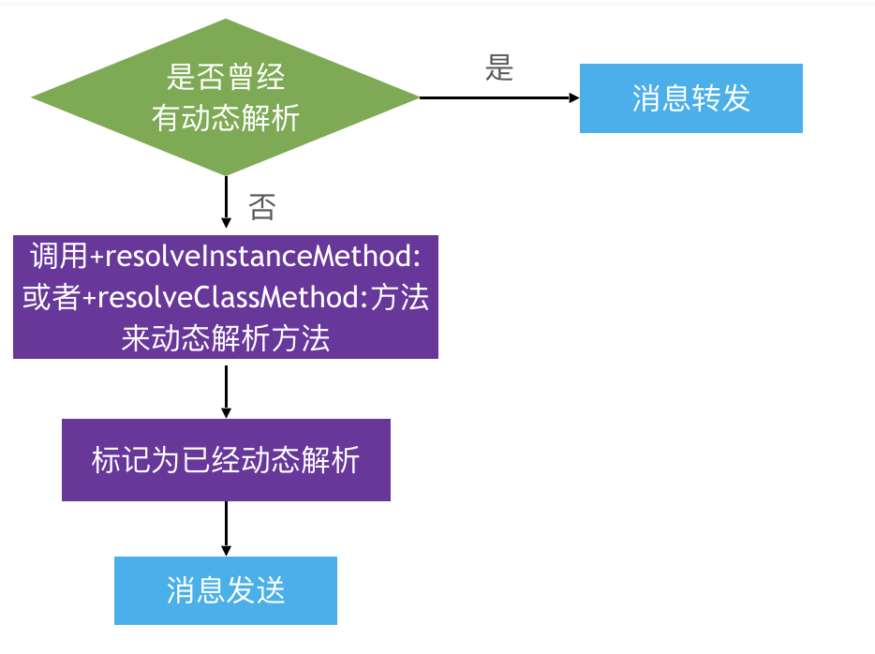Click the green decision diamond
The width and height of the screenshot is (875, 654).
point(226,97)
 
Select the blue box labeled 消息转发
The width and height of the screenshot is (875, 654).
point(690,98)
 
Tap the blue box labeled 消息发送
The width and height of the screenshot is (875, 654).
point(226,590)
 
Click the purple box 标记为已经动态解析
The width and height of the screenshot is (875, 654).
point(226,460)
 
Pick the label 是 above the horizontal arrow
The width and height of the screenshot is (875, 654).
point(499,68)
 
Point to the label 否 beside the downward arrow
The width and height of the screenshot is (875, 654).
point(261,207)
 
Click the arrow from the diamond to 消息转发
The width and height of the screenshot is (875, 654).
point(499,97)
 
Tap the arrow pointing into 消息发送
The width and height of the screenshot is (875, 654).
point(226,528)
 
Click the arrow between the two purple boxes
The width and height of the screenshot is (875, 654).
point(226,392)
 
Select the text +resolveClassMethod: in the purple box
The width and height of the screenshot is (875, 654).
point(225,297)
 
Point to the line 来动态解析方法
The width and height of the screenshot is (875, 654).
point(226,338)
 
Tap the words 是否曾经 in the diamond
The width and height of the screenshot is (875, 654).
point(226,77)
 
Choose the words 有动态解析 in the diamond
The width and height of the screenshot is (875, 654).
point(226,118)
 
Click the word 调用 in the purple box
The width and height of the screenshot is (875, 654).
point(59,256)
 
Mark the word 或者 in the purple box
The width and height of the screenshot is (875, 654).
point(52,297)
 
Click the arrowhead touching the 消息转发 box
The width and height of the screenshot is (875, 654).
point(574,97)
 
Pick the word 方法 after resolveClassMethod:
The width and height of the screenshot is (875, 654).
point(400,297)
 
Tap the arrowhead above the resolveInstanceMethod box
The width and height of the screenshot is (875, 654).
point(226,223)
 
